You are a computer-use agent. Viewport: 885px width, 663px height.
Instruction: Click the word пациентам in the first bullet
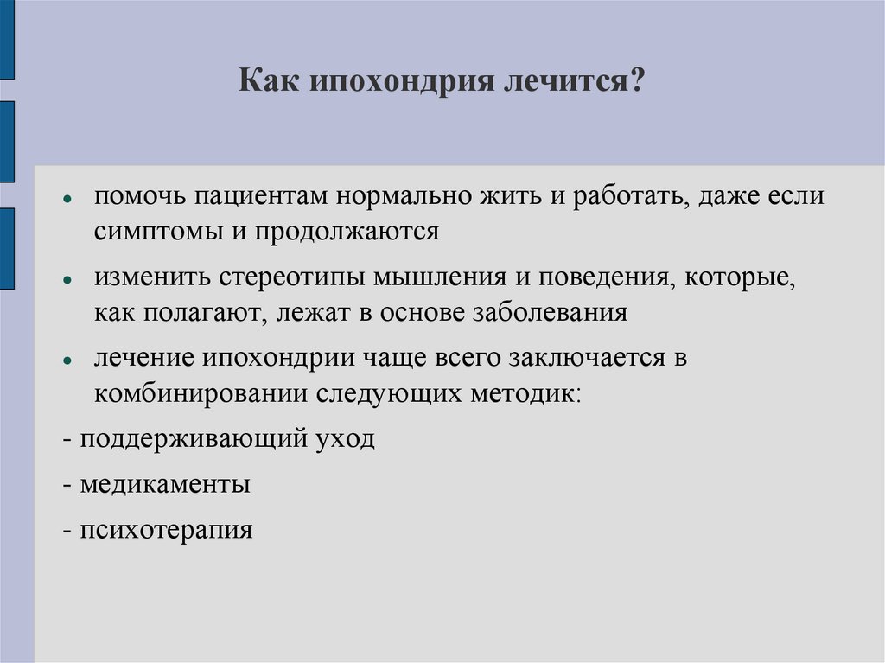click(260, 196)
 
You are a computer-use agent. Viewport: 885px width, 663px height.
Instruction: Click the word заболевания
click(550, 312)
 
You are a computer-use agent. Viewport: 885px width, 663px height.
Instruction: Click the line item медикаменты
click(164, 484)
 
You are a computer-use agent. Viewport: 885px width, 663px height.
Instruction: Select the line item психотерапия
click(166, 529)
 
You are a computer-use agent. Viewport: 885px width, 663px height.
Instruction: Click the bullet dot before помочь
click(67, 199)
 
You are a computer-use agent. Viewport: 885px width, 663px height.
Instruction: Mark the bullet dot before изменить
click(67, 279)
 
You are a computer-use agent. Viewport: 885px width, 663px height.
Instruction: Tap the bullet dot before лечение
click(67, 360)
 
